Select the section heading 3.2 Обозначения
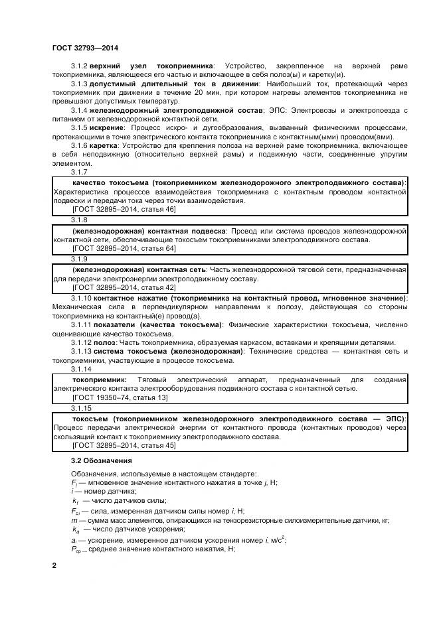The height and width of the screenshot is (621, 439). click(102, 460)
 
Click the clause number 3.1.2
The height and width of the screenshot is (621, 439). click(79, 67)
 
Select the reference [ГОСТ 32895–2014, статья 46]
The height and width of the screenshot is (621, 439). click(124, 209)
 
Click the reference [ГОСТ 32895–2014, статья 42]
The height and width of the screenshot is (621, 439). click(124, 287)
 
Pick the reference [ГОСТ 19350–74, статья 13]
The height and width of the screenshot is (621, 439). click(120, 397)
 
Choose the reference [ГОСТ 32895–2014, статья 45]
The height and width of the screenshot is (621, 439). click(124, 445)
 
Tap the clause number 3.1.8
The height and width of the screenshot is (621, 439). click(79, 219)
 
